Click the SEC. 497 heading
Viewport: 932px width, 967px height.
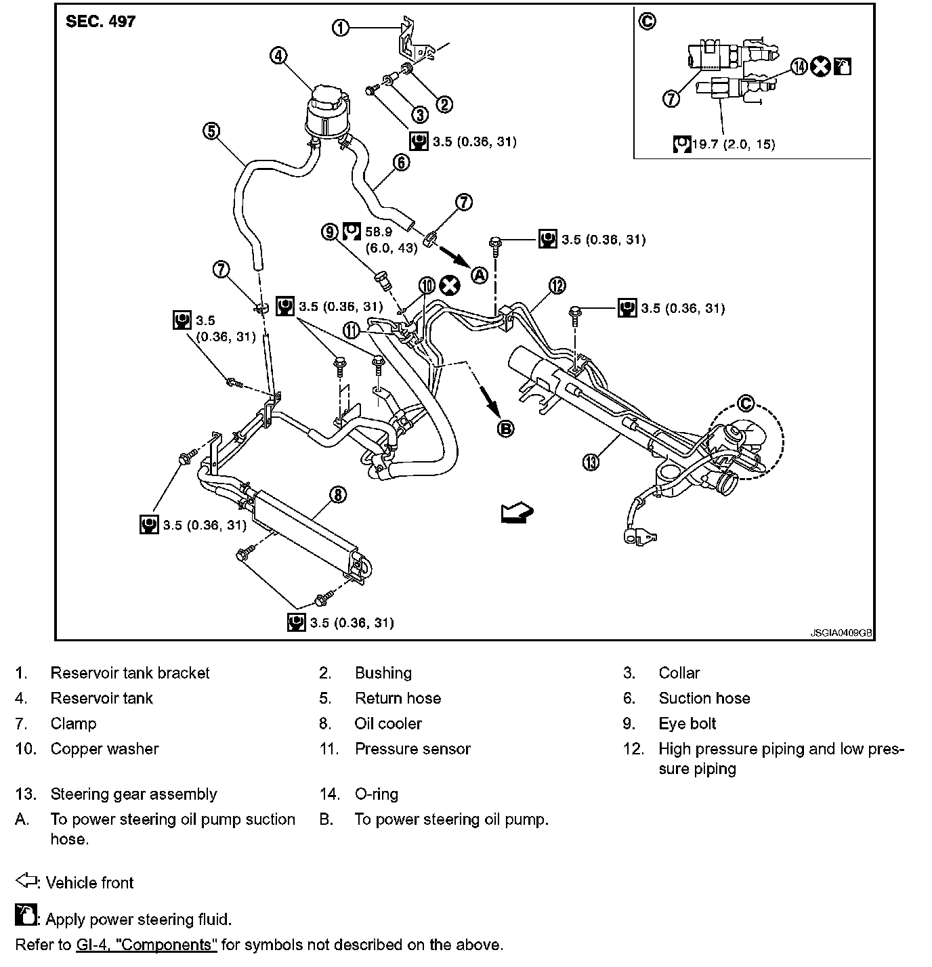(100, 22)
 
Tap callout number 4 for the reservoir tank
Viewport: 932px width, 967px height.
(278, 56)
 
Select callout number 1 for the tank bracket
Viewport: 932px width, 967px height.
(340, 28)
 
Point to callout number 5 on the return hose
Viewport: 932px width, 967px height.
(212, 131)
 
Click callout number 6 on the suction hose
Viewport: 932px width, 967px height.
(401, 163)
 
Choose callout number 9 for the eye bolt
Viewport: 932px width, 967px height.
(330, 232)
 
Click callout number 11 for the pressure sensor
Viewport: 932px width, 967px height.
(352, 330)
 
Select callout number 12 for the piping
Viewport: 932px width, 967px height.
(557, 286)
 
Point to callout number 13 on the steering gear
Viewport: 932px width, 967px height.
(591, 463)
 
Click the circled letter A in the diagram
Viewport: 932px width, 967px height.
(480, 275)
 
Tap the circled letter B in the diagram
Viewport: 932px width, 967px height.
(506, 428)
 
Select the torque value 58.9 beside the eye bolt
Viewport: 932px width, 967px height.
(379, 232)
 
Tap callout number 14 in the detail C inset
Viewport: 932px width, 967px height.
(799, 66)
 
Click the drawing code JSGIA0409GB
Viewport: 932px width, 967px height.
(841, 633)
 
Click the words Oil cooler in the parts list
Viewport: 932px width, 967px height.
(388, 723)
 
